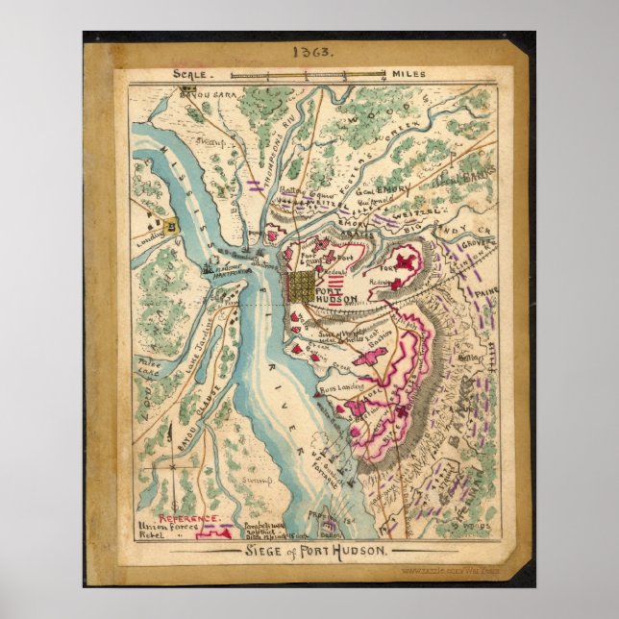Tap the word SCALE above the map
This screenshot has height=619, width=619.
pos(189,73)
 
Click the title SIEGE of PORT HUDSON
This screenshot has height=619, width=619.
pos(307,551)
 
